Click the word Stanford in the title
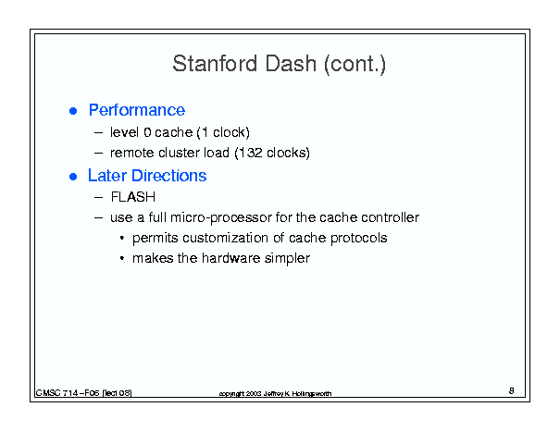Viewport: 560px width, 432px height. (215, 64)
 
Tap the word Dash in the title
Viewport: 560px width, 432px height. (291, 64)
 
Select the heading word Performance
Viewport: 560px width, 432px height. (137, 110)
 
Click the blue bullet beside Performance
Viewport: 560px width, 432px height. (73, 111)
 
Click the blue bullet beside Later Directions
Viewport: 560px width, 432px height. (73, 177)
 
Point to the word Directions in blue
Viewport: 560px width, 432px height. (169, 176)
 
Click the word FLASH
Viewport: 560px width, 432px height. (133, 197)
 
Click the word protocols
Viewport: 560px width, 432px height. (358, 239)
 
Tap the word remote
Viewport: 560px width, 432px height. (132, 154)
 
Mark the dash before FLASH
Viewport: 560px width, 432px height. (98, 197)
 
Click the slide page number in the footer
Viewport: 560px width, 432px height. (512, 391)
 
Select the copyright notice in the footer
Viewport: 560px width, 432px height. (275, 393)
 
